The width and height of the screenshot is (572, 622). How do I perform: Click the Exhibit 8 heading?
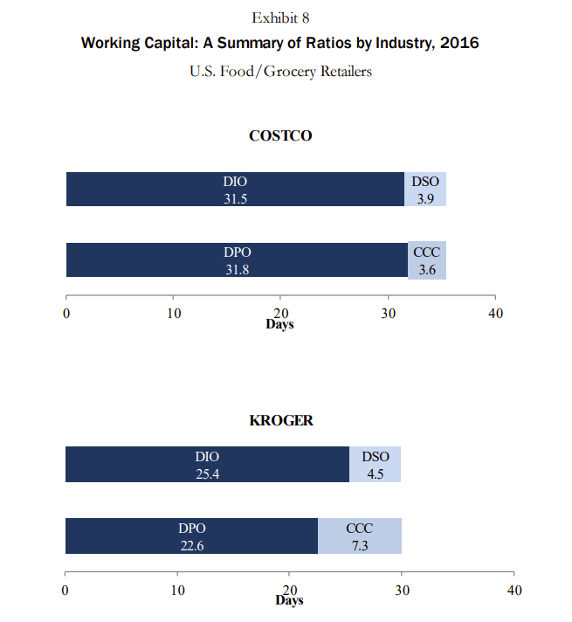(x=280, y=17)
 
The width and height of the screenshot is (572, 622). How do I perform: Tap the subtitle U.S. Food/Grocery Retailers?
(x=280, y=71)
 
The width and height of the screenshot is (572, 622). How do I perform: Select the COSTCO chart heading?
(x=280, y=135)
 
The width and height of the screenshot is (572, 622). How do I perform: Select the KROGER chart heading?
(x=281, y=420)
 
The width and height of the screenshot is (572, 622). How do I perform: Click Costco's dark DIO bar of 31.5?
(x=235, y=190)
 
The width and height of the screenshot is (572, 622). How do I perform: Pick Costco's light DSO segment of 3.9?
(x=425, y=190)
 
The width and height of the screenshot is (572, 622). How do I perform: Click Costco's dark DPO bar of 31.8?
(x=237, y=260)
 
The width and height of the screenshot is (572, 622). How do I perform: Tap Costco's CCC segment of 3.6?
(x=427, y=260)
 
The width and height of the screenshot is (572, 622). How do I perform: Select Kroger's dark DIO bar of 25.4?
(x=207, y=465)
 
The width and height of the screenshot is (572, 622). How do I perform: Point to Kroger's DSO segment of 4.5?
(x=376, y=465)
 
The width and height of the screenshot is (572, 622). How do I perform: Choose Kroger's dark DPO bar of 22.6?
(x=191, y=536)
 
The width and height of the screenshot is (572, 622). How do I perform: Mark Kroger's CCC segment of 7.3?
(x=360, y=536)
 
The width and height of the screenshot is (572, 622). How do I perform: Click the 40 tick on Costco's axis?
(x=495, y=313)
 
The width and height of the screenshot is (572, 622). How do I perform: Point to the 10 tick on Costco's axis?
(x=174, y=313)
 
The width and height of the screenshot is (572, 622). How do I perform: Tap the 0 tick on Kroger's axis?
(x=65, y=590)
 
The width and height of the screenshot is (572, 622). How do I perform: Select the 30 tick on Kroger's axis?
(x=402, y=590)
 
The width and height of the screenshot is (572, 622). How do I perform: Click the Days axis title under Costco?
(x=280, y=325)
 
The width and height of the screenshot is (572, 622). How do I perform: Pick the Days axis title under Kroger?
(x=289, y=601)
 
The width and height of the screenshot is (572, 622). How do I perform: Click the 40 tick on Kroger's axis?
(x=513, y=590)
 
